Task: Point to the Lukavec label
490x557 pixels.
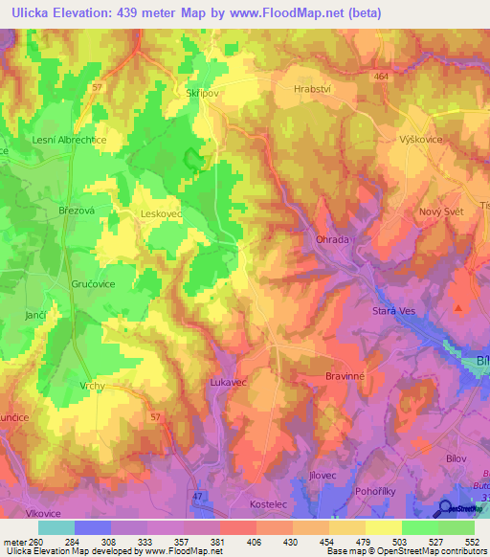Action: (228, 382)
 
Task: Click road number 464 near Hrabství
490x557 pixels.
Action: (382, 76)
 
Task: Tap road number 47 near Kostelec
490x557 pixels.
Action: (197, 470)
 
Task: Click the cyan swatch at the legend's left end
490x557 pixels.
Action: (56, 527)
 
